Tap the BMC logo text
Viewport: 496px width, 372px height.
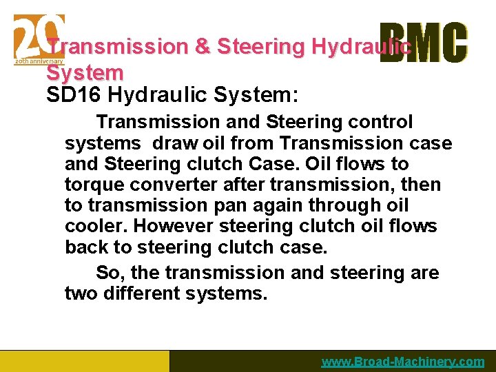pos(423,43)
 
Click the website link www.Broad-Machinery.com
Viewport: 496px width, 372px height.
pos(403,362)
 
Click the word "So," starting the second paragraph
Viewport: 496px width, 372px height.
pos(110,273)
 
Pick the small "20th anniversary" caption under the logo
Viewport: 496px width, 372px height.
pos(38,61)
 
